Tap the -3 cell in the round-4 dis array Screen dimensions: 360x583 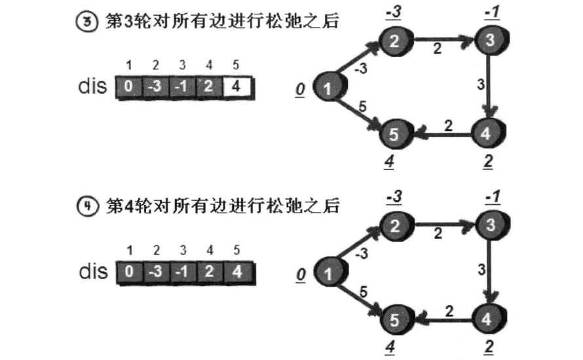point(156,272)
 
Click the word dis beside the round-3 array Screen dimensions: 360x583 point(93,86)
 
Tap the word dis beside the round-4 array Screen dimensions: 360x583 point(93,271)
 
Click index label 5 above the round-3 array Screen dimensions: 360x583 point(236,65)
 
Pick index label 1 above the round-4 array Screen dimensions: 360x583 point(130,250)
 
